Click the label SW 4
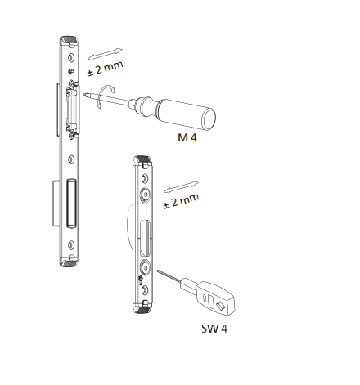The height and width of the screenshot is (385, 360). coord(215,330)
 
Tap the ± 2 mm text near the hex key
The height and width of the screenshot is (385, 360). coord(181,201)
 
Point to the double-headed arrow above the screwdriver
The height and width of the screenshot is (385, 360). coord(104,51)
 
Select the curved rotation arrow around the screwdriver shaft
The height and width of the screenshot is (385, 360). coord(105,95)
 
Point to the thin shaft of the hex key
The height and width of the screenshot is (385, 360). coord(169,277)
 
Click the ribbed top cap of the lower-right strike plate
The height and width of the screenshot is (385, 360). coord(143,163)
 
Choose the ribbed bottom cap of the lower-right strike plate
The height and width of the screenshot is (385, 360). coord(144,307)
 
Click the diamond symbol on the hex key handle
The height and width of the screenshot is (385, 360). coord(221,303)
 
